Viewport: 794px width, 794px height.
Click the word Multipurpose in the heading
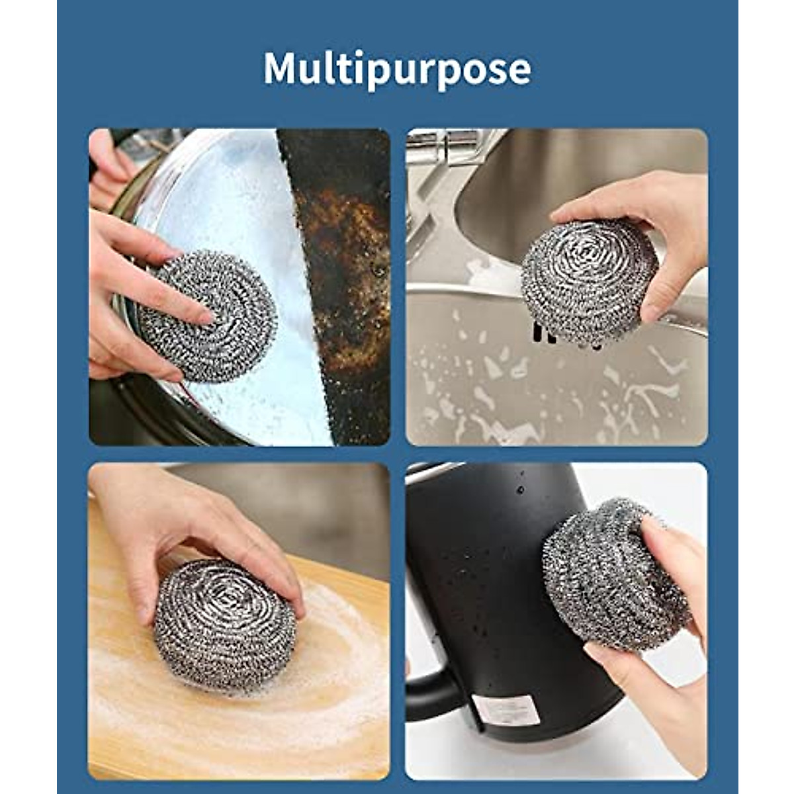tap(397, 68)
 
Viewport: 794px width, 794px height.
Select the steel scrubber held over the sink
tap(588, 281)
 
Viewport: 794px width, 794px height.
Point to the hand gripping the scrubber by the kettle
tap(668, 635)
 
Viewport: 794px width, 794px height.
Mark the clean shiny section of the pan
tap(232, 198)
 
